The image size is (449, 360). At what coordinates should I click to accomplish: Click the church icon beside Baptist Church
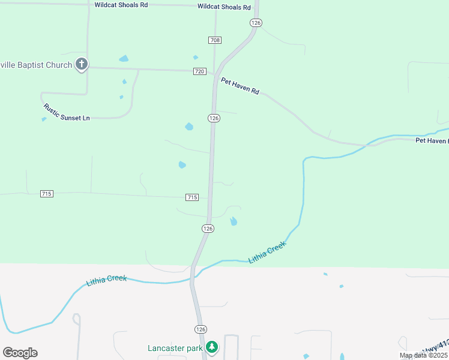click(82, 65)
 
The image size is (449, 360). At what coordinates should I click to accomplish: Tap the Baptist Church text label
click(36, 65)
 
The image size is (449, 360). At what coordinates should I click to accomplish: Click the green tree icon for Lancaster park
click(211, 347)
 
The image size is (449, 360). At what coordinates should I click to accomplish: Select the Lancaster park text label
click(176, 348)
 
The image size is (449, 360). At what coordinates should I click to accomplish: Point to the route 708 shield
click(215, 40)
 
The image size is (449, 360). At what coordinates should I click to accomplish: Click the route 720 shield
click(200, 71)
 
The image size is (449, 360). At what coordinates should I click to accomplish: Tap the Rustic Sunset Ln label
click(66, 113)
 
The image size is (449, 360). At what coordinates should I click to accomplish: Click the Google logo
click(20, 353)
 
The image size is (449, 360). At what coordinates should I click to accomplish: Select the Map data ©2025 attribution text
click(423, 356)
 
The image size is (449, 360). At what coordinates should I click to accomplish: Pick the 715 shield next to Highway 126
click(192, 197)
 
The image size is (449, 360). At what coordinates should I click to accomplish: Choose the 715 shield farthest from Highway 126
click(47, 194)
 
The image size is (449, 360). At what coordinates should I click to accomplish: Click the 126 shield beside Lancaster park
click(200, 329)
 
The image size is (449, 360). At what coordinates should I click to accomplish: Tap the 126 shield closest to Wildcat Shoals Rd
click(256, 23)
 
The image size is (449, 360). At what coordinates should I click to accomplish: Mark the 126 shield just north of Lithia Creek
click(208, 229)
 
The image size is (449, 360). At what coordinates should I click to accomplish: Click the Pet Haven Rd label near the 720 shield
click(240, 86)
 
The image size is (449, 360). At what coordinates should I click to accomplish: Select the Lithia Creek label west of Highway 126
click(106, 280)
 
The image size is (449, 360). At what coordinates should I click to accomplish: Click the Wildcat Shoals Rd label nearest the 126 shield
click(224, 7)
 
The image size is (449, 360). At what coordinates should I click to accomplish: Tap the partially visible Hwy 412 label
click(436, 347)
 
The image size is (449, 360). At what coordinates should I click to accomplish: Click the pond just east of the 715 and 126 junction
click(234, 221)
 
